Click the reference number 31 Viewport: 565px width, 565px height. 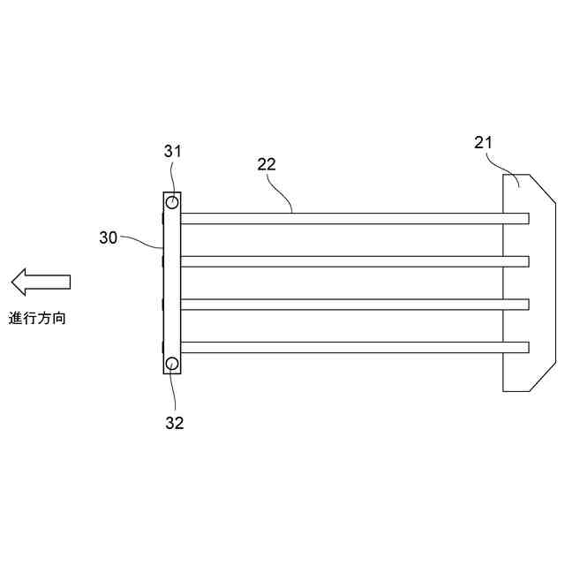pos(173,151)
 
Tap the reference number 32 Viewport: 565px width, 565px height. pos(175,422)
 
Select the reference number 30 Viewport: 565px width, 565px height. pos(109,237)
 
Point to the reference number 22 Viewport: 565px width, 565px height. pos(267,163)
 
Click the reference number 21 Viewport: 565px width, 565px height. pos(484,141)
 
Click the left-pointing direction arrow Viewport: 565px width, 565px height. pos(41,282)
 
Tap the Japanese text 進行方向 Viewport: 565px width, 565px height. pos(38,318)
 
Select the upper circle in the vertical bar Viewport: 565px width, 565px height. pos(172,203)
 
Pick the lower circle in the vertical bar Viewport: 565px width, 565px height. pos(172,364)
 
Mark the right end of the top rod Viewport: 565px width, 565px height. pos(526,218)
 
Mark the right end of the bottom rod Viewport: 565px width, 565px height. pos(526,346)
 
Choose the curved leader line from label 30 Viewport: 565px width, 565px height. pos(142,240)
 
